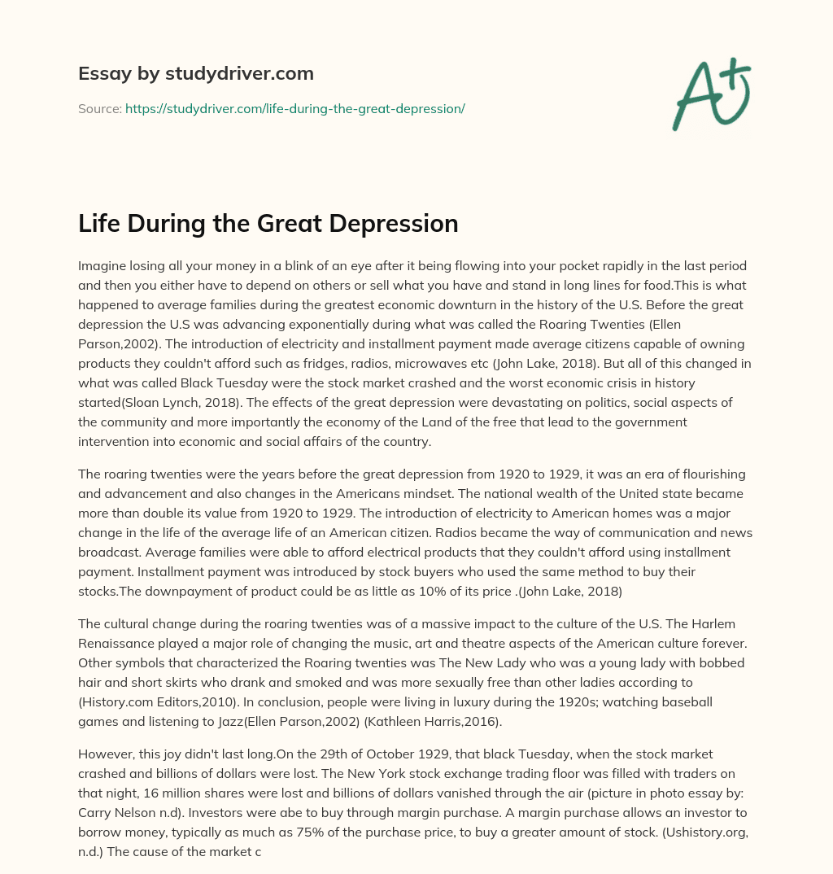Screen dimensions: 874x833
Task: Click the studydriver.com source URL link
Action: tap(294, 108)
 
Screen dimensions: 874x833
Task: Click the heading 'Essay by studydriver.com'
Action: tap(195, 73)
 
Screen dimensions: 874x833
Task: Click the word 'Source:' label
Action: tap(99, 108)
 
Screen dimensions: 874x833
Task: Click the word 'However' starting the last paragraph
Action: tap(105, 761)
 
